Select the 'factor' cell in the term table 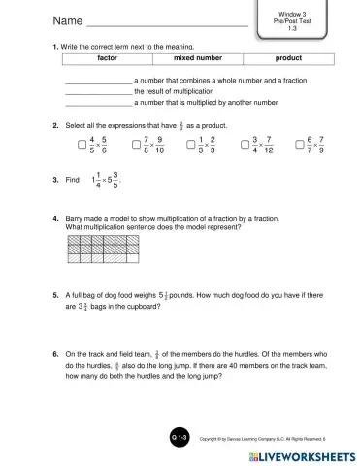tap(108, 58)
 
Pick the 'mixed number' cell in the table tap(197, 58)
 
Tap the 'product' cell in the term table tap(288, 58)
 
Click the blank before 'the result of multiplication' tap(98, 89)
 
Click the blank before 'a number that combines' tap(98, 78)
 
